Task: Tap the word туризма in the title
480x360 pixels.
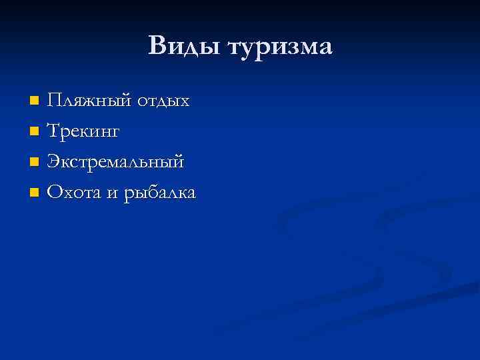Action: (279, 48)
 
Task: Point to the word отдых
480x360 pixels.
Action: (163, 101)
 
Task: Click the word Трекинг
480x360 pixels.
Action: (83, 132)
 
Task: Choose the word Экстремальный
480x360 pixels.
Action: (115, 163)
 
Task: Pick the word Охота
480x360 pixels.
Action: (74, 193)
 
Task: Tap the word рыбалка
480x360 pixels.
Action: (160, 194)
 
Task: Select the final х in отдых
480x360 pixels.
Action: (183, 103)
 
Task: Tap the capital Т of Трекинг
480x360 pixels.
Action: (54, 131)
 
